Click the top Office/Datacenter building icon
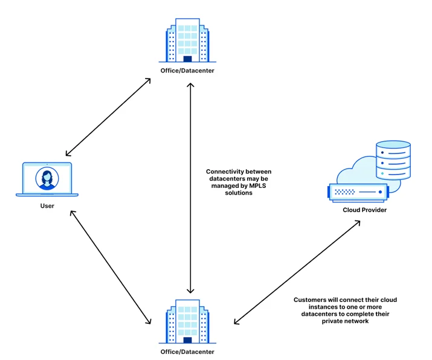[x=187, y=40]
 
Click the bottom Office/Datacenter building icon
[x=187, y=321]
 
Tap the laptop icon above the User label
[x=47, y=179]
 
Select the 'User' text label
[x=47, y=206]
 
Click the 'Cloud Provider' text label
[x=364, y=210]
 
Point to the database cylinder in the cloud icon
[x=393, y=160]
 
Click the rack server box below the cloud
[x=358, y=193]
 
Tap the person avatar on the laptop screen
[x=47, y=178]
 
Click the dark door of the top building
[x=187, y=59]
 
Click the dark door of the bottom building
[x=187, y=340]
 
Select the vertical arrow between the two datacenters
[x=190, y=188]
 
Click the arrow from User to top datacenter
[x=108, y=117]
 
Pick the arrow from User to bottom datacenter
[x=111, y=268]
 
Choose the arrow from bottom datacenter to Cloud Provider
[x=297, y=272]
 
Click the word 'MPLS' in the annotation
[x=257, y=185]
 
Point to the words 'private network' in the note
[x=345, y=321]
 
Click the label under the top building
[x=187, y=71]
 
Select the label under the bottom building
[x=187, y=352]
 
